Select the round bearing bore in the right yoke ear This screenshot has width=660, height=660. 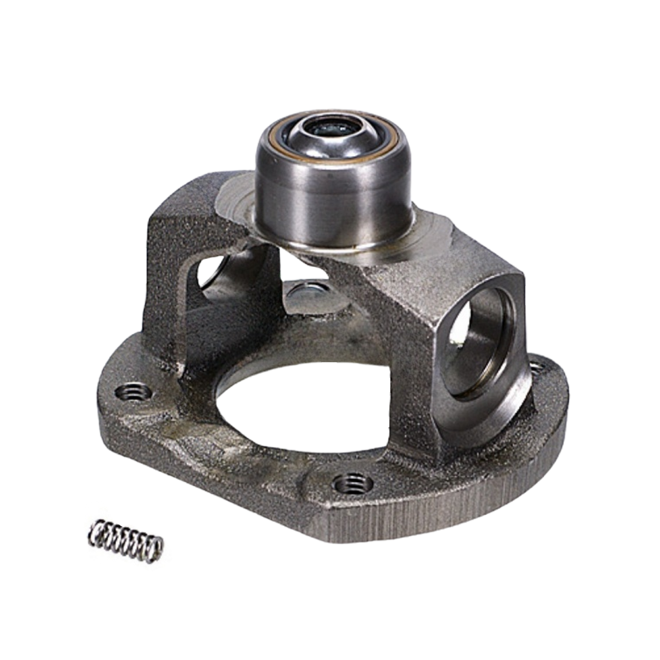478,348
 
